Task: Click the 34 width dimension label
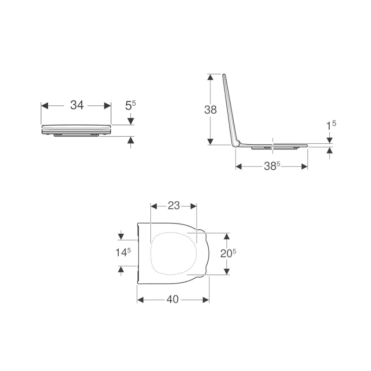point(77,105)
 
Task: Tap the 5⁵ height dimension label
point(131,106)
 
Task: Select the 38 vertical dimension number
point(211,110)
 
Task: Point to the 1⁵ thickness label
point(331,125)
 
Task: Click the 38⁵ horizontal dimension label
point(272,166)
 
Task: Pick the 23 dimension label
point(173,205)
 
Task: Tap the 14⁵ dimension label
point(123,252)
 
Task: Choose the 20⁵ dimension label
point(228,254)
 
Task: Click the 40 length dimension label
point(173,300)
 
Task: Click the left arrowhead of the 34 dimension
point(45,106)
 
